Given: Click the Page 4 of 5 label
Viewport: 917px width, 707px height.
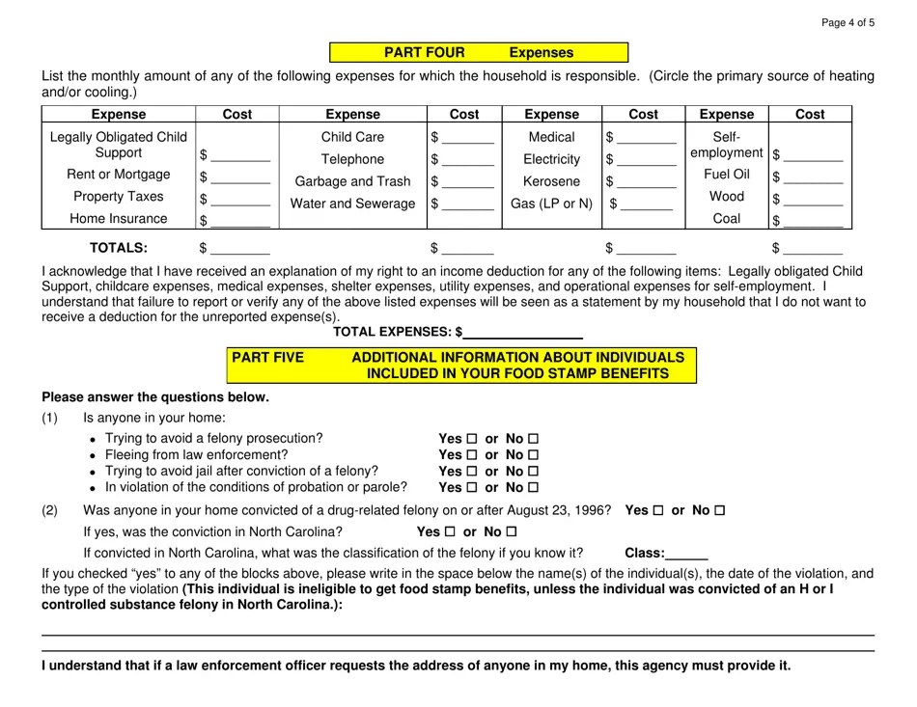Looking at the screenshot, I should pos(848,23).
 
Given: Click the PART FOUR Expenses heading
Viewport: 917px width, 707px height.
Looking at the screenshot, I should pos(479,53).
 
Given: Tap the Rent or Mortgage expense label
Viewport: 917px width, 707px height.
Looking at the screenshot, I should pos(118,175).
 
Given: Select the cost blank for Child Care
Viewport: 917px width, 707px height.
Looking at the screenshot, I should pos(467,138).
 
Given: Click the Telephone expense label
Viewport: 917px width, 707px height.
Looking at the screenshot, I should pos(352,159).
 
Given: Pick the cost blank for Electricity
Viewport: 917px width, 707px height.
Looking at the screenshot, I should pos(646,159).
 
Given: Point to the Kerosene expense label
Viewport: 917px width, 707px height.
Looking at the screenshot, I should pos(552,181).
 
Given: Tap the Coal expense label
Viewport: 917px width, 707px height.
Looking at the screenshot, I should pos(726,218).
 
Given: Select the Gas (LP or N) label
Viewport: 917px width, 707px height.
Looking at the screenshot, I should pos(552,203).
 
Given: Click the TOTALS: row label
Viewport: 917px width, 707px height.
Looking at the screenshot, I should pos(119,248).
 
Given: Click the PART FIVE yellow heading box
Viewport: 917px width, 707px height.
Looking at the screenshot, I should pos(461,365).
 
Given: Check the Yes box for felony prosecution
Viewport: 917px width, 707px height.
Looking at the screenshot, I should pos(472,439).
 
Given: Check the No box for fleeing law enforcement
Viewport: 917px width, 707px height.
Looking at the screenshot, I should pos(533,455).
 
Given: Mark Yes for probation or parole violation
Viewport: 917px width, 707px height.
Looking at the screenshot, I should pos(472,488).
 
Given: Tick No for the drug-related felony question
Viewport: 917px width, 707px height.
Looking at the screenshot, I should pos(719,510).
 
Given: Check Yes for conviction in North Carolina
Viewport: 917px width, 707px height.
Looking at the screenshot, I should pos(450,532).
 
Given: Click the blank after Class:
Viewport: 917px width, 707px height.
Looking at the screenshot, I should pos(687,555).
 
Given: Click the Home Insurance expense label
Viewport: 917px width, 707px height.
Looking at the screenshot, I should pos(118,219).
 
